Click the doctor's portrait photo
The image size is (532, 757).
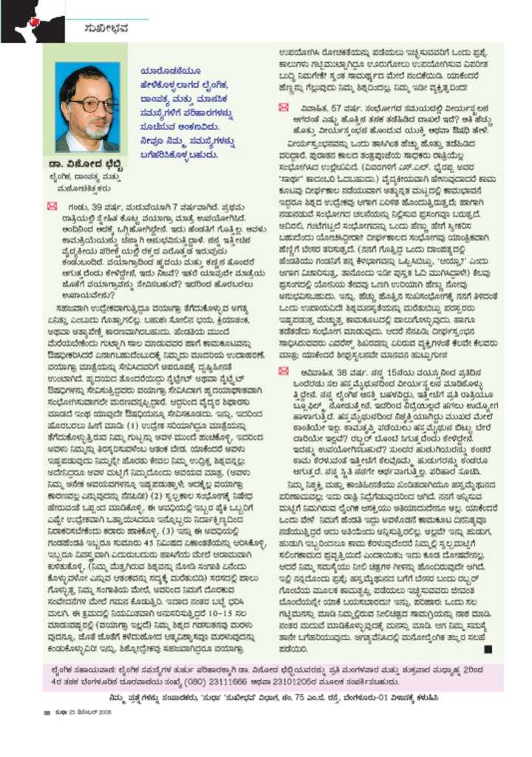click(x=86, y=106)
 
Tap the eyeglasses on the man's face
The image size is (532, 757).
click(x=87, y=103)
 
